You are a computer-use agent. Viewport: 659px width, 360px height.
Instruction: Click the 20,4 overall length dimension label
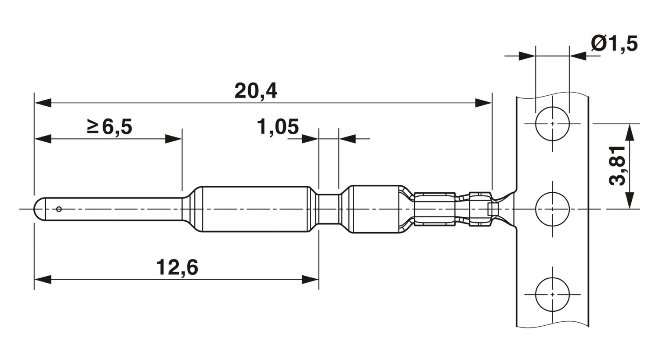click(x=256, y=91)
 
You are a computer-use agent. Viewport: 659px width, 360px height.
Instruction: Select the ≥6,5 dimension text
click(x=110, y=127)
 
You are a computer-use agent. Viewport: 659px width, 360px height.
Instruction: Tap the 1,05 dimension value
click(x=278, y=127)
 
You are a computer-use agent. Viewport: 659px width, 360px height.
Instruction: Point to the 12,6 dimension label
click(x=177, y=267)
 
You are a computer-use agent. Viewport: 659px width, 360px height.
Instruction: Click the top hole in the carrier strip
click(x=553, y=124)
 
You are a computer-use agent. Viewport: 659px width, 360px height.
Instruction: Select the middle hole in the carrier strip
click(x=553, y=209)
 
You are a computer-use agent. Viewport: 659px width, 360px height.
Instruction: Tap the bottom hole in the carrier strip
click(x=553, y=294)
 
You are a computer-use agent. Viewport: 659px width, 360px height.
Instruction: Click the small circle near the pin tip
click(x=59, y=209)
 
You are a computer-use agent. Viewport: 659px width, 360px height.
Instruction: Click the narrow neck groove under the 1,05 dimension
click(x=329, y=209)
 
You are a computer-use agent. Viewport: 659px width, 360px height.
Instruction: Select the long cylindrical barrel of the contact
click(x=255, y=209)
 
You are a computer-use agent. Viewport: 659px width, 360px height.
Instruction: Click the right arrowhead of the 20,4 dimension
click(x=483, y=103)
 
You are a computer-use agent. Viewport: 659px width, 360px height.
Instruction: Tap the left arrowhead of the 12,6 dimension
click(x=43, y=280)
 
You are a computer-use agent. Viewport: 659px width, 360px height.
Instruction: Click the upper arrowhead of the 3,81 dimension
click(x=629, y=133)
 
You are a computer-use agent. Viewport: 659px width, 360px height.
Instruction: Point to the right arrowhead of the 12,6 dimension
click(x=310, y=280)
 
